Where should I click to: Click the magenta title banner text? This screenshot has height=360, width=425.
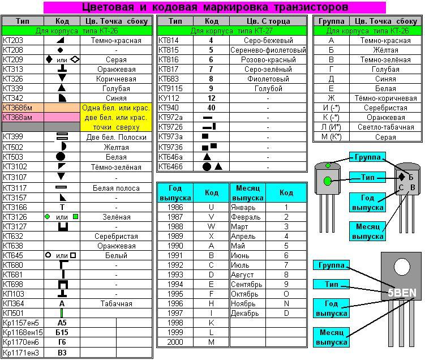tap(215, 7)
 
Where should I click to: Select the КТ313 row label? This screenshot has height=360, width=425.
tap(13, 70)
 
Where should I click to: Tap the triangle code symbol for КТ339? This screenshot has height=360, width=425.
tap(62, 88)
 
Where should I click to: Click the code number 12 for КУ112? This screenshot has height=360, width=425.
tap(212, 98)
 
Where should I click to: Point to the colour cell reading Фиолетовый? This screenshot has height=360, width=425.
tap(268, 79)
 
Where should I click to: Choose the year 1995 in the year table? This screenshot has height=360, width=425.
tap(175, 294)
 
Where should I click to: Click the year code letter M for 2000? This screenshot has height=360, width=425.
tap(212, 342)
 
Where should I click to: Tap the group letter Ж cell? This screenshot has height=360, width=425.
tap(331, 98)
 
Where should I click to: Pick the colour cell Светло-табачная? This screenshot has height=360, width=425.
tap(386, 127)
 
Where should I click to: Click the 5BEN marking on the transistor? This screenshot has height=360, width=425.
tap(402, 293)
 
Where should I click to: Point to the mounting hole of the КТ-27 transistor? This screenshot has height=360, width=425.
tap(402, 267)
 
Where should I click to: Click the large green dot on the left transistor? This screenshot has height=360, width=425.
tap(328, 181)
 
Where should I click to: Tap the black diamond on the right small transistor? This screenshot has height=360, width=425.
tap(402, 177)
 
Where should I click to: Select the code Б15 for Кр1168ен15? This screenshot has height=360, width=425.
tap(62, 333)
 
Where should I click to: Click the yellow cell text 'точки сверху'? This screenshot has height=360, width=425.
tap(116, 127)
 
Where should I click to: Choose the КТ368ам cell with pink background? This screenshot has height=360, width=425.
tap(18, 117)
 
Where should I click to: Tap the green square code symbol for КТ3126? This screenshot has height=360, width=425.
tap(76, 217)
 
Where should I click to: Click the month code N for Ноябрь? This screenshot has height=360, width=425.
tap(286, 303)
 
